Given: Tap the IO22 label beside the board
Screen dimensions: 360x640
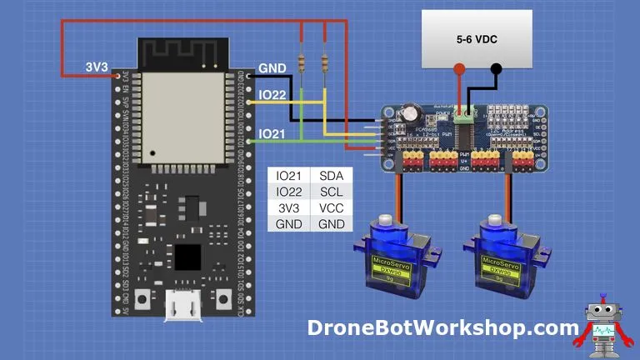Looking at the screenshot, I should pyautogui.click(x=273, y=96).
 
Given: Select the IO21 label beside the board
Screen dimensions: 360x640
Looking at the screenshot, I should pyautogui.click(x=273, y=133).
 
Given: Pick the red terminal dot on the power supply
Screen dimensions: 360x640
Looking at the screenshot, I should pyautogui.click(x=458, y=69).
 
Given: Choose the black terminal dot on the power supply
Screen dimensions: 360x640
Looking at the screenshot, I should pyautogui.click(x=497, y=69).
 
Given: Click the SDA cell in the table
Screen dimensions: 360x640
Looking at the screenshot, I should pyautogui.click(x=332, y=176).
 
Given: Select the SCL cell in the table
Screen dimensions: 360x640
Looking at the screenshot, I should pyautogui.click(x=332, y=192).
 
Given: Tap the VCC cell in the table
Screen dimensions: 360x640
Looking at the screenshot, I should pyautogui.click(x=332, y=207).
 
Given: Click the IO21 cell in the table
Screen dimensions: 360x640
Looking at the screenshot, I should pyautogui.click(x=289, y=176).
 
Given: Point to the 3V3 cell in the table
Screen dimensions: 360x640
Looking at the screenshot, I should pyautogui.click(x=289, y=207).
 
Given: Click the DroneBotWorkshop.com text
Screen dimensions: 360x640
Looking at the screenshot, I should pyautogui.click(x=442, y=328).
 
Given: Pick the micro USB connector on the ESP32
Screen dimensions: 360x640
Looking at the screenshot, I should pyautogui.click(x=184, y=306).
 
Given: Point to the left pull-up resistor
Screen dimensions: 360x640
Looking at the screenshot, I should pyautogui.click(x=302, y=62).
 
